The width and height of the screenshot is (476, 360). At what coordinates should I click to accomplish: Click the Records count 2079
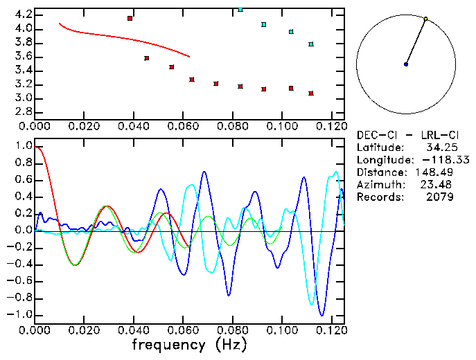(x=440, y=197)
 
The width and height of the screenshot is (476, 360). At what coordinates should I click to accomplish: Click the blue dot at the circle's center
(x=406, y=64)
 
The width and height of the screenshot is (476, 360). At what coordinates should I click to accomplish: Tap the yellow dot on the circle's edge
(x=425, y=19)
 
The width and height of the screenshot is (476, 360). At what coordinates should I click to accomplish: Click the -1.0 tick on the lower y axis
(x=19, y=314)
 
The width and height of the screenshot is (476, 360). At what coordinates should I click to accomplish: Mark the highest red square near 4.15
(x=130, y=18)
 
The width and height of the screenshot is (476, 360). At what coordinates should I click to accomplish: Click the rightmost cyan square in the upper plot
(x=311, y=44)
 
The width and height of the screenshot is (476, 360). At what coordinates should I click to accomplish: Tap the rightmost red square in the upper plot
(x=311, y=93)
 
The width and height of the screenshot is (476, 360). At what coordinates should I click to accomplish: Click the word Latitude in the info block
(x=380, y=147)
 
